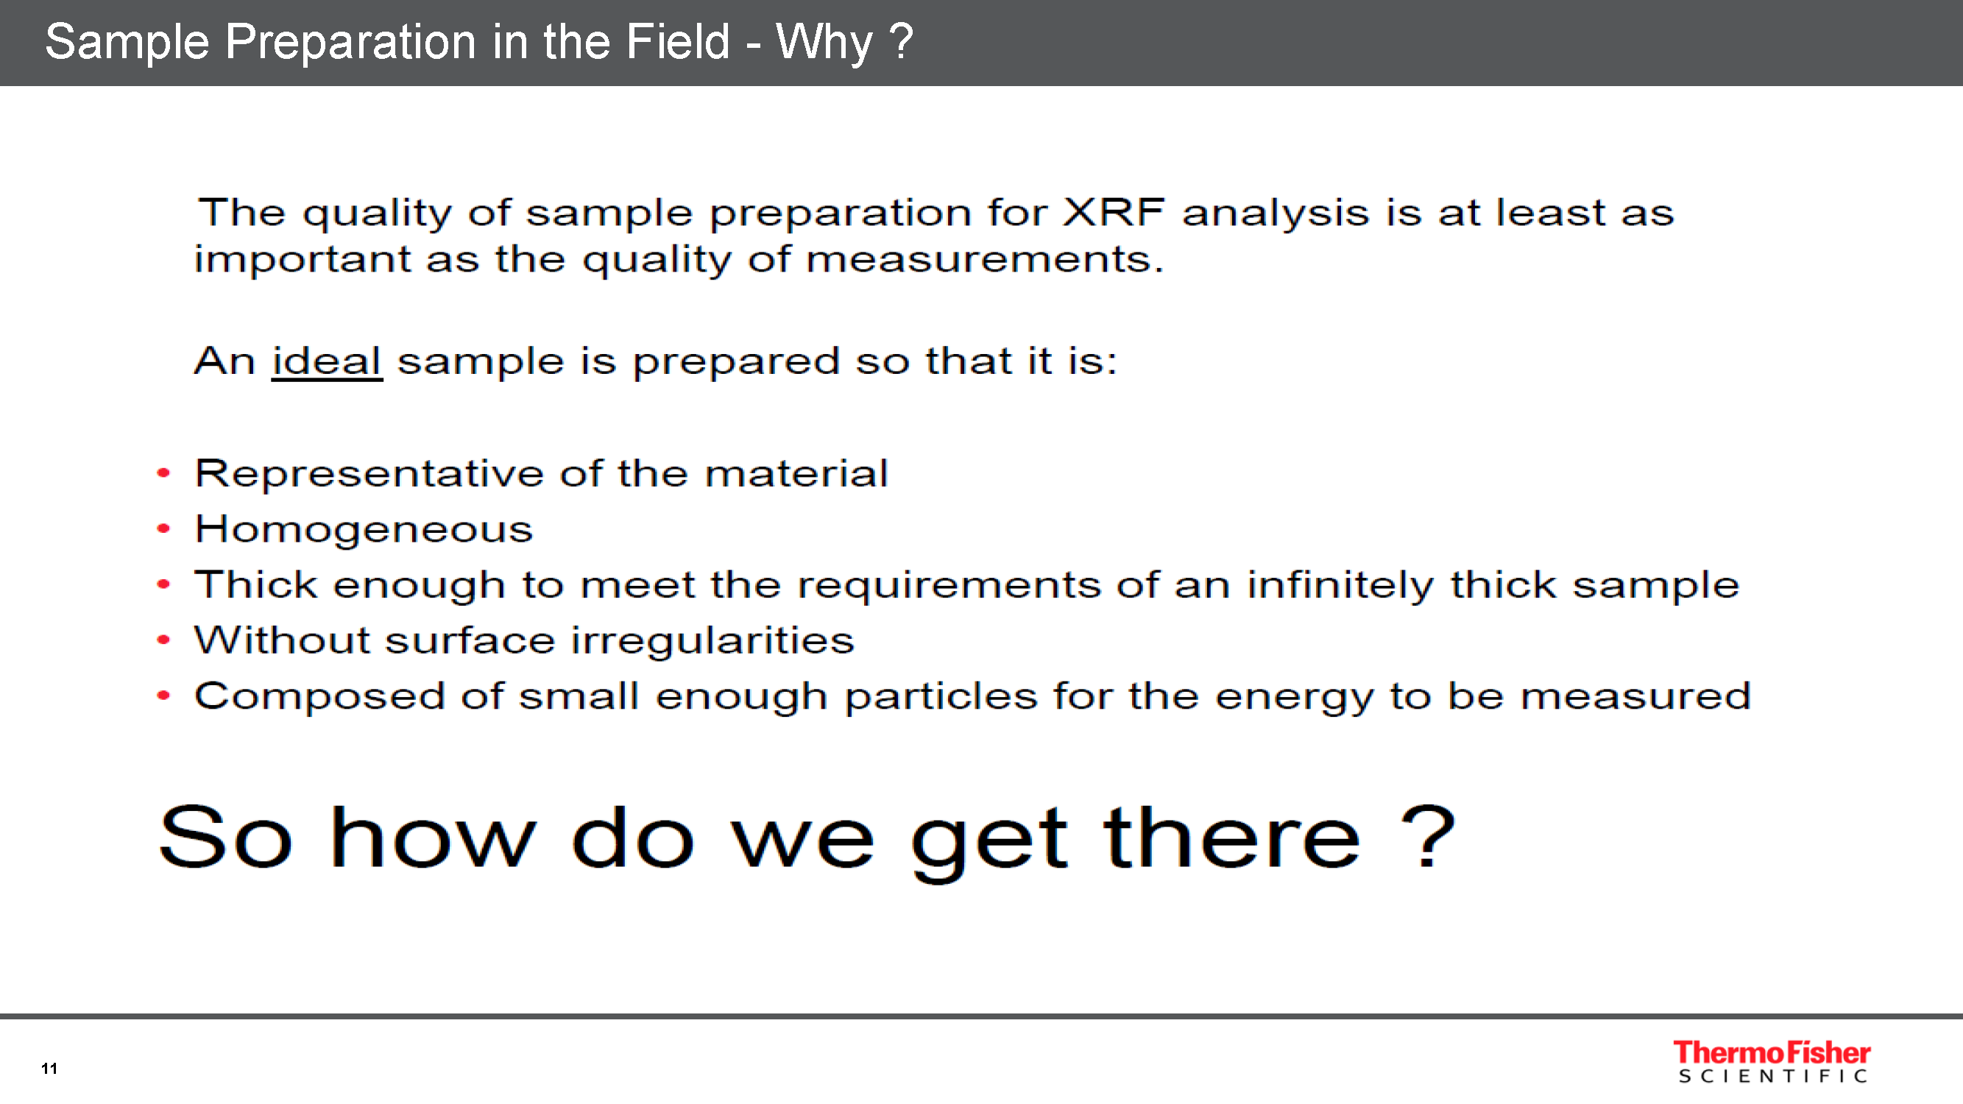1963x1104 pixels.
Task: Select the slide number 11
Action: (49, 1068)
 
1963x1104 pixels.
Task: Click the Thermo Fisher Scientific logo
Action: (1772, 1061)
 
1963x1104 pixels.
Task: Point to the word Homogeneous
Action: (364, 528)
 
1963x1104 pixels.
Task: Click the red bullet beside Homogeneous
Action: (163, 528)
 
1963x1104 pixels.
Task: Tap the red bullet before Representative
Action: (163, 473)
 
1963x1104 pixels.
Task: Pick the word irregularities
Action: (712, 640)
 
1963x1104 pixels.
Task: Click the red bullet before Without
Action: (163, 640)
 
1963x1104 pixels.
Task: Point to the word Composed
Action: (319, 696)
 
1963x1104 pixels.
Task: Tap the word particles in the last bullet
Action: (941, 696)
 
